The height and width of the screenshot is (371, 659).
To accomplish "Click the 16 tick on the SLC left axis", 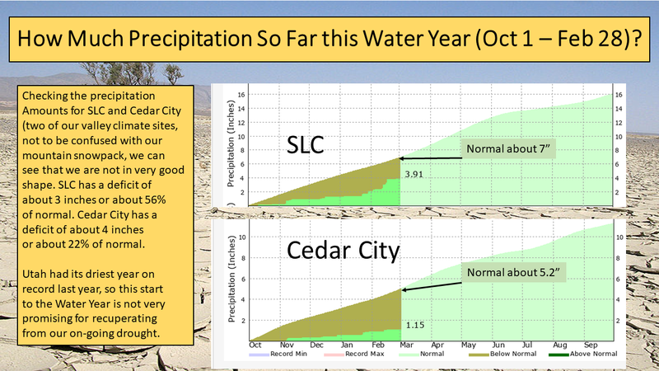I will click(x=241, y=94).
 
